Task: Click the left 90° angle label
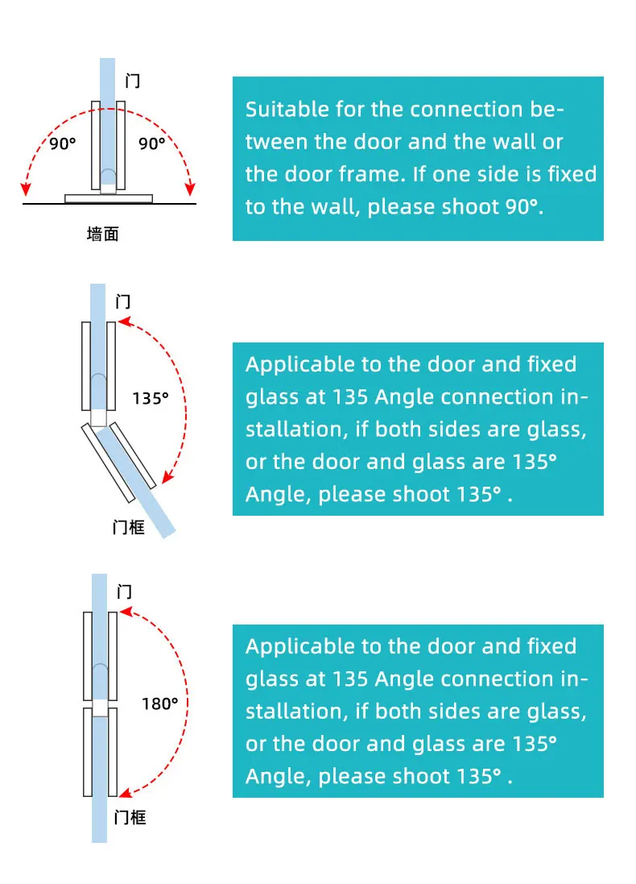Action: pyautogui.click(x=62, y=144)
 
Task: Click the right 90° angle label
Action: pyautogui.click(x=151, y=143)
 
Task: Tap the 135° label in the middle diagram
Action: pyautogui.click(x=151, y=397)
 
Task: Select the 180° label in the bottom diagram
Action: pyautogui.click(x=159, y=703)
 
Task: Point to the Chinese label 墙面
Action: pyautogui.click(x=103, y=234)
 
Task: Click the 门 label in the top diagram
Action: pyautogui.click(x=134, y=81)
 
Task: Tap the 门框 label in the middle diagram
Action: pyautogui.click(x=129, y=529)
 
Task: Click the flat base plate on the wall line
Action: pyautogui.click(x=109, y=197)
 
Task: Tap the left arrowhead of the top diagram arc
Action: pyautogui.click(x=27, y=189)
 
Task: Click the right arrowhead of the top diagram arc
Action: pyautogui.click(x=190, y=189)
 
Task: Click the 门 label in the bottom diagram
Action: pyautogui.click(x=124, y=592)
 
